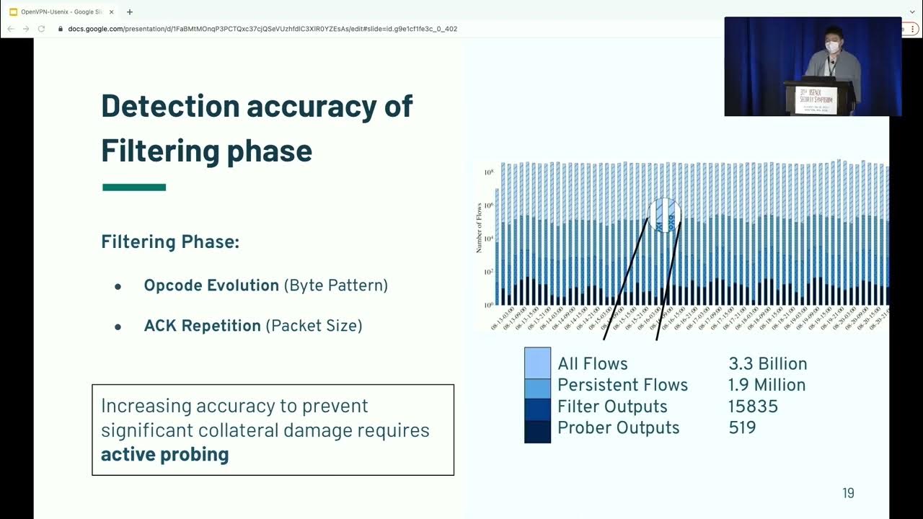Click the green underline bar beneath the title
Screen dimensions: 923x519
[x=134, y=187]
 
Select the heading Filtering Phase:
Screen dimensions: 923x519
[x=169, y=242]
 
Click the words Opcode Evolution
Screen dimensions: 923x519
[x=211, y=285]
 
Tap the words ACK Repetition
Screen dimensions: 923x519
[x=202, y=326]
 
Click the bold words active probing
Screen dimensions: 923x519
[x=164, y=454]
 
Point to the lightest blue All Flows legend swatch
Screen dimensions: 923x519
[x=537, y=362]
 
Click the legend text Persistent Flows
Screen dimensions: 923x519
[x=622, y=385]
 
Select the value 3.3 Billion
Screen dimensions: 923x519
[x=767, y=364]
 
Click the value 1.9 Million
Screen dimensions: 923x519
[x=767, y=385]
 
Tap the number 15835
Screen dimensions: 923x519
[x=753, y=407]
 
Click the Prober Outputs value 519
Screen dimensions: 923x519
[x=742, y=427]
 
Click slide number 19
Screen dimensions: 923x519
[x=848, y=493]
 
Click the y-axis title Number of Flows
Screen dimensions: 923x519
[x=479, y=228]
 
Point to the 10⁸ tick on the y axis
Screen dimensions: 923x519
[x=488, y=172]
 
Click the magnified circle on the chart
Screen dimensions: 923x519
[x=664, y=215]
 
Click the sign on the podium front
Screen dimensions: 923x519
[x=816, y=100]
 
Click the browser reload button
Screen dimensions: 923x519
[x=41, y=29]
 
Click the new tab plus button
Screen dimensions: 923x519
[x=130, y=12]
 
